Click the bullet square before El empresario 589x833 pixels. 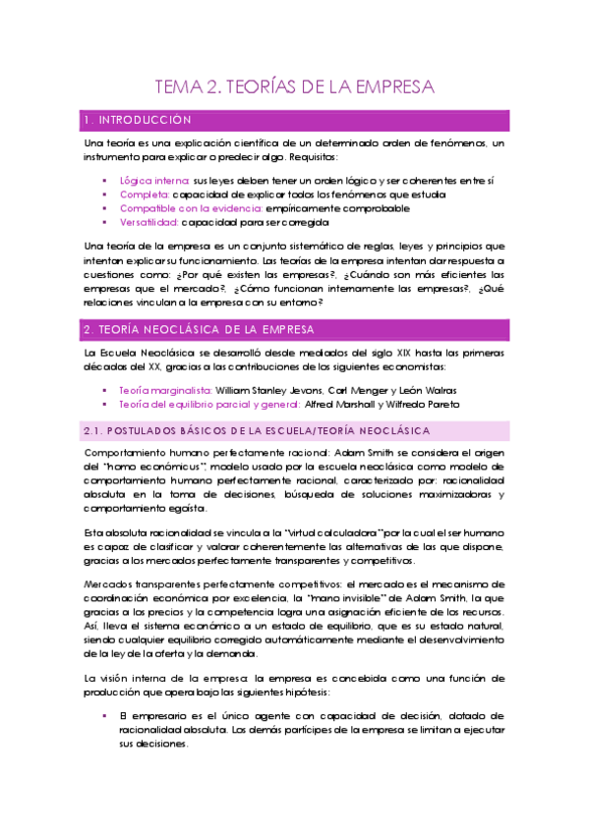(x=104, y=690)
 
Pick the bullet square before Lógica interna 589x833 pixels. (x=104, y=182)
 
